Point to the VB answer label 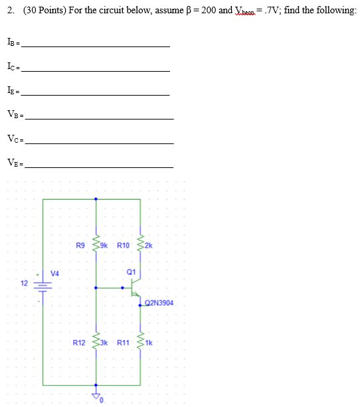pos(13,116)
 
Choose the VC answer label pos(13,140)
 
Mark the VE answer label pos(13,163)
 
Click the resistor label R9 pos(80,246)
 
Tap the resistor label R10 pos(124,246)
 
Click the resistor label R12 pos(79,343)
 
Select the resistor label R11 pos(124,343)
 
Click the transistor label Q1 pos(130,272)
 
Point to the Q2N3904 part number pos(159,303)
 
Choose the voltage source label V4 pos(54,272)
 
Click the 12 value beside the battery pos(25,284)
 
